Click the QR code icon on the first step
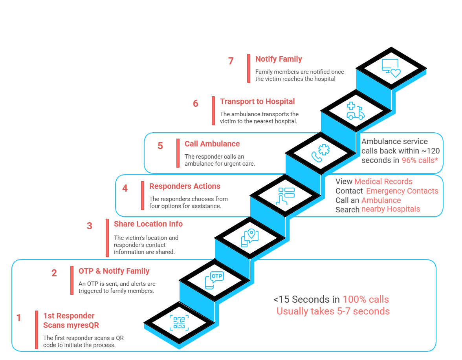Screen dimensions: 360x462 pos(179,322)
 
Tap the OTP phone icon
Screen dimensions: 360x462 pos(214,280)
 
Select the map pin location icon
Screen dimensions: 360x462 pos(250,238)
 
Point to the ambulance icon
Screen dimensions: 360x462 pos(356,111)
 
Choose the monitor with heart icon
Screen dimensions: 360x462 pos(391,68)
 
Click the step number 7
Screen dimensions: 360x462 pos(231,61)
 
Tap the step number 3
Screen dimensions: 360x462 pos(90,226)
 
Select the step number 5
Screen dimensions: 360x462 pos(160,146)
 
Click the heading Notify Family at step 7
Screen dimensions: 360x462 pos(279,59)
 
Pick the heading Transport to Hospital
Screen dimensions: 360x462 pos(257,102)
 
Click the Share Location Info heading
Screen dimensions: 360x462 pos(148,224)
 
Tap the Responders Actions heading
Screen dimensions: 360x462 pos(185,186)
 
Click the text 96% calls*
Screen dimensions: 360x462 pos(420,161)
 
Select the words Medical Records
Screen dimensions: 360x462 pos(383,182)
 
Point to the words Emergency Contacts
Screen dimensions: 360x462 pos(402,191)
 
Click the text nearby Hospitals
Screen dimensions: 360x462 pos(390,209)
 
